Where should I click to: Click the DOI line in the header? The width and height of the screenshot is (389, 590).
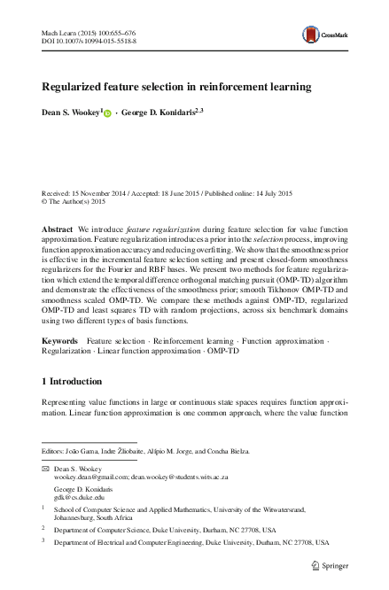[x=86, y=42]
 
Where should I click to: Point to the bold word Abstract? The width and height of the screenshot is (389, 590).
[x=58, y=229]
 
